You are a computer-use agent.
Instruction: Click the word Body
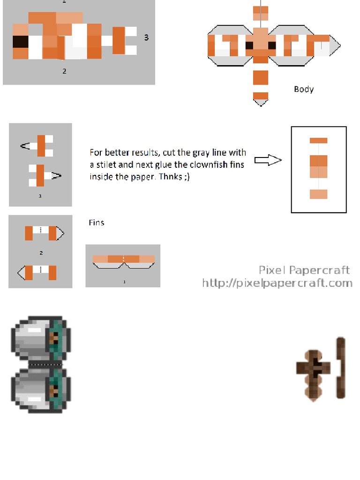[x=304, y=89]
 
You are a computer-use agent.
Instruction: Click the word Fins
[x=97, y=223]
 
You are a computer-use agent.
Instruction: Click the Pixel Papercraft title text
[x=304, y=270]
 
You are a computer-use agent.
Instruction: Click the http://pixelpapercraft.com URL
[x=277, y=283]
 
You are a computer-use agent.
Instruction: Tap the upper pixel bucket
[x=40, y=338]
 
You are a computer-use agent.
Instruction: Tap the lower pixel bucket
[x=40, y=390]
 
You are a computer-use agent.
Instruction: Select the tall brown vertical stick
[x=341, y=368]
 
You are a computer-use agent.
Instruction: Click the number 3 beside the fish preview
[x=146, y=37]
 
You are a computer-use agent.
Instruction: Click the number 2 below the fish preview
[x=64, y=71]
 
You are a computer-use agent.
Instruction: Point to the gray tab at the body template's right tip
[x=335, y=46]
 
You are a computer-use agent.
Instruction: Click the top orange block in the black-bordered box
[x=318, y=140]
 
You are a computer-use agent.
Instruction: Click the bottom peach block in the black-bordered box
[x=318, y=194]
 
